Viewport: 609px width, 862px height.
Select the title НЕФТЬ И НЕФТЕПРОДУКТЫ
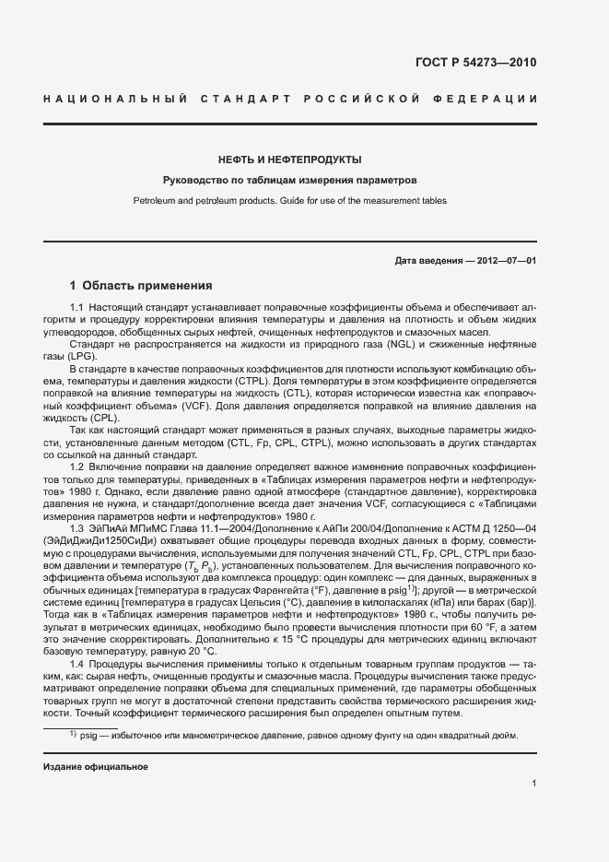tap(289, 159)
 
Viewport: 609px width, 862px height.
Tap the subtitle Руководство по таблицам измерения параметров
tap(289, 180)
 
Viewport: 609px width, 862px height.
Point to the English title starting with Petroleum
tap(289, 200)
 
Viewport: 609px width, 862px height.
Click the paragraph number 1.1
tap(77, 306)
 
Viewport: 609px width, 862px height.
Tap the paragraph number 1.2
tap(77, 467)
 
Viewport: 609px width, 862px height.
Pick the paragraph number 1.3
tap(77, 527)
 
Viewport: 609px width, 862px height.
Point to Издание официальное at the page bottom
tap(96, 767)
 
